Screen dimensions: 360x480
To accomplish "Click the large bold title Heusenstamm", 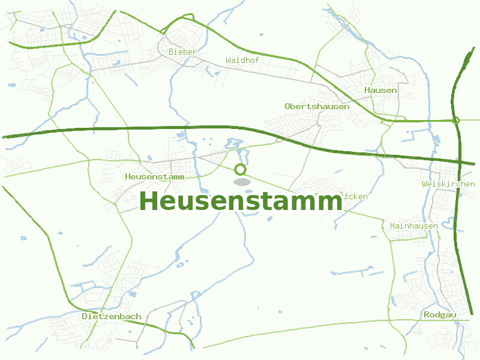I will [241, 201].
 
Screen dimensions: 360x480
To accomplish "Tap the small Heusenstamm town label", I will [154, 177].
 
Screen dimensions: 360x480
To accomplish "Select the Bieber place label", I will [182, 52].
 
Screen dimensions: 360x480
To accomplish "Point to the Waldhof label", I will [242, 60].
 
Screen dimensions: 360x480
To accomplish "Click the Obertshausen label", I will [317, 106].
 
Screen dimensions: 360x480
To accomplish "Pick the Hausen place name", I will [380, 90].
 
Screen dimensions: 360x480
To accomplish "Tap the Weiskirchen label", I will [448, 184].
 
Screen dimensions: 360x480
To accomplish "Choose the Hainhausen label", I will [414, 226].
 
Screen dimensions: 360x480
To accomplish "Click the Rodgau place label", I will [440, 314].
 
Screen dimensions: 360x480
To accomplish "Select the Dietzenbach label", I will [112, 316].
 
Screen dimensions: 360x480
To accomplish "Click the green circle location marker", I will [241, 169].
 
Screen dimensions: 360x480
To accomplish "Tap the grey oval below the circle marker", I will [241, 182].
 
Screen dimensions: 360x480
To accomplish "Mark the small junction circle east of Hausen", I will [456, 121].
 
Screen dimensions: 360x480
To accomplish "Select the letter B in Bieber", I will [172, 52].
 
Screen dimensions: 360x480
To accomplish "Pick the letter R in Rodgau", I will [427, 314].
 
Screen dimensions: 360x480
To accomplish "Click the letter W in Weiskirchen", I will [424, 184].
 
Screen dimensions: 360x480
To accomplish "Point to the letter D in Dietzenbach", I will [85, 316].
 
